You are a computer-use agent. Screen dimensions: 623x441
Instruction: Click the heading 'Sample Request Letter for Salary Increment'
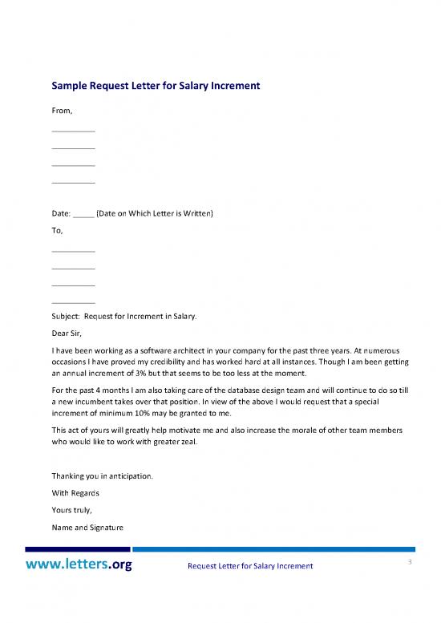pos(156,84)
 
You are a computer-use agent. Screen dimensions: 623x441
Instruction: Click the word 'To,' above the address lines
pos(57,230)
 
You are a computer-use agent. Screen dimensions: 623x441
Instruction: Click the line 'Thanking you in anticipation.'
pos(102,475)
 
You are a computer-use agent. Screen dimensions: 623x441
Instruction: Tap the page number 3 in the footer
pos(408,562)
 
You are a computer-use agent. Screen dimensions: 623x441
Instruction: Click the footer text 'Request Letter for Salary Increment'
pos(249,568)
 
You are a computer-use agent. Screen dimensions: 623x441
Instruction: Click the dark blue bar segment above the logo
pos(78,549)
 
